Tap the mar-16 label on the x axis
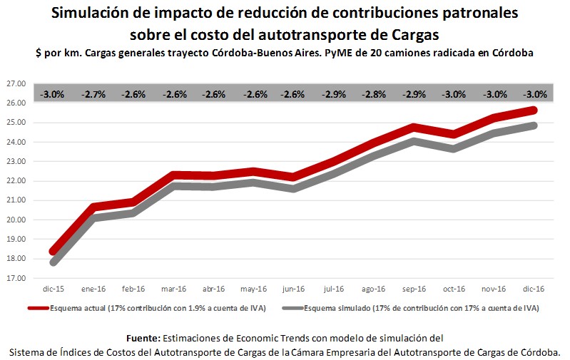pos(173,289)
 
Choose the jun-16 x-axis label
pos(293,289)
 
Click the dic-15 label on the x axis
pos(53,289)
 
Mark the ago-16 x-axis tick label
pos(374,289)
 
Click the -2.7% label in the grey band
pos(93,94)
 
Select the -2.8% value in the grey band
pos(374,94)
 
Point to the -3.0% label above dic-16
pos(534,94)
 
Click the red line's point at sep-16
pos(414,128)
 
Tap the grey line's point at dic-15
pos(53,262)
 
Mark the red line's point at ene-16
pos(93,207)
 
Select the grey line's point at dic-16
pos(534,125)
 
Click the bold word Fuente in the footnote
pos(143,337)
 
